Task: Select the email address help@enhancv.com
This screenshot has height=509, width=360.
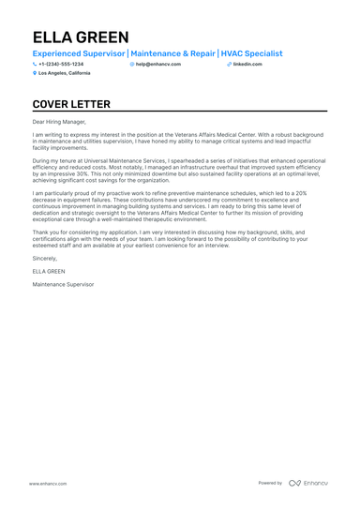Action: point(158,64)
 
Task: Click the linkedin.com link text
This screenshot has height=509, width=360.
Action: point(247,64)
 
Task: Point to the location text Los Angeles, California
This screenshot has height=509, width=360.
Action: point(65,72)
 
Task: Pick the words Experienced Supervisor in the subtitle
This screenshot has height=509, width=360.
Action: point(79,53)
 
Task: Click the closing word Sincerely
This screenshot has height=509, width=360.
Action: point(45,256)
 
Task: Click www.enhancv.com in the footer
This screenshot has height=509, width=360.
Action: point(46,483)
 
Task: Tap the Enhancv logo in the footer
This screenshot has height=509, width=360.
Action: point(308,483)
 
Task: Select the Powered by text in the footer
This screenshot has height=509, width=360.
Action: point(270,483)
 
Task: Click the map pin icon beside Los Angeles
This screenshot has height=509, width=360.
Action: point(35,72)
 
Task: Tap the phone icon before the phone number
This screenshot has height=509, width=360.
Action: point(35,64)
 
